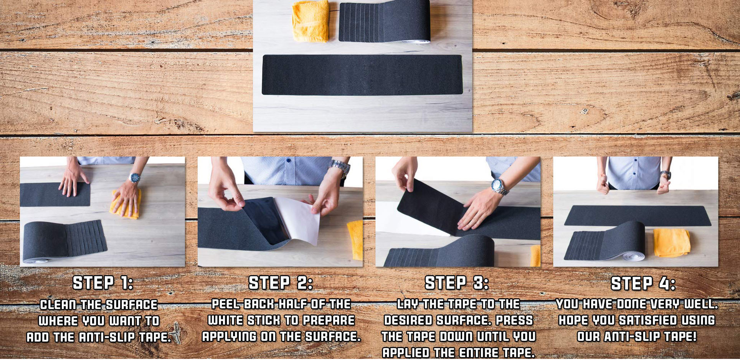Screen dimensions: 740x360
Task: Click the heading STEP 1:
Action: (x=103, y=283)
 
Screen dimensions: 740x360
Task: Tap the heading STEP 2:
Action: (x=281, y=283)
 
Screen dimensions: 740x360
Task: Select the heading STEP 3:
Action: (x=457, y=283)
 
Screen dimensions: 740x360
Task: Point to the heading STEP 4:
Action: (x=643, y=283)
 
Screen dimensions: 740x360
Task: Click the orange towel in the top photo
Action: (x=311, y=21)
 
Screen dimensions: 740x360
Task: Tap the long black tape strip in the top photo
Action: (x=362, y=74)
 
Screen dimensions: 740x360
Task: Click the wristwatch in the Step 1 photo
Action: (x=134, y=178)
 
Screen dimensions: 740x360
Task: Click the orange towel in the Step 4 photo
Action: (x=671, y=243)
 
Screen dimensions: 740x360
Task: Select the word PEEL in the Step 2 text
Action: (x=226, y=304)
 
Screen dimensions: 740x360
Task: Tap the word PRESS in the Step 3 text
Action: (x=515, y=320)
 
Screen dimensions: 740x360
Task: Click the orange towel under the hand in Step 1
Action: (x=125, y=204)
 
